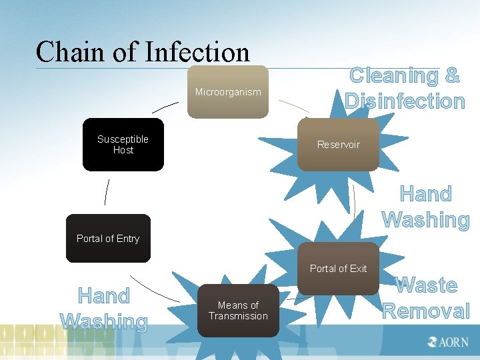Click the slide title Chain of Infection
[143, 52]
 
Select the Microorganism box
[227, 92]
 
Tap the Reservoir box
[338, 145]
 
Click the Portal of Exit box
[338, 269]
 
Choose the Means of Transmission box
[238, 311]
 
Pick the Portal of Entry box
[108, 239]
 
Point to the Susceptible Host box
[123, 145]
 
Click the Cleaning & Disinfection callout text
[405, 88]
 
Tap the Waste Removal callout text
[426, 298]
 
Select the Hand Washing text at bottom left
[103, 308]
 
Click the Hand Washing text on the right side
[426, 207]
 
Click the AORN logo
[448, 343]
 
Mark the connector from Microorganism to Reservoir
[294, 105]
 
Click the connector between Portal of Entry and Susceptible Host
[107, 193]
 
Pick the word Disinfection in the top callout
[405, 101]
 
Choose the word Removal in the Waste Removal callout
[426, 311]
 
